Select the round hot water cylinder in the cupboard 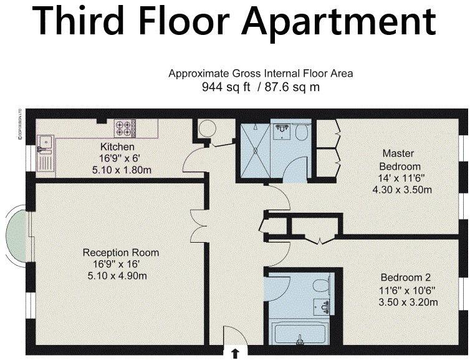(x=206, y=129)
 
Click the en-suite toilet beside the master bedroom (x=302, y=132)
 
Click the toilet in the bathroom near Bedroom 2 (x=322, y=286)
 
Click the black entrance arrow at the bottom (x=235, y=354)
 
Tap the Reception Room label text (x=121, y=253)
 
